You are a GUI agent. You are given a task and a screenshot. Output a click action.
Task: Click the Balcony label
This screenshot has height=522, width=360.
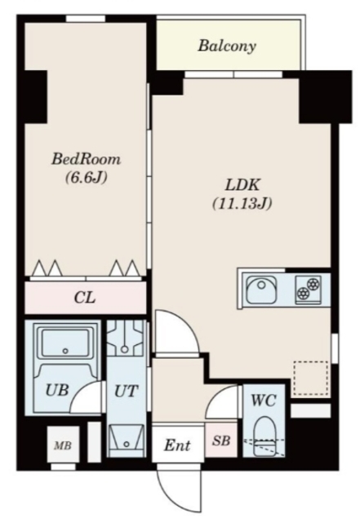pyautogui.click(x=227, y=46)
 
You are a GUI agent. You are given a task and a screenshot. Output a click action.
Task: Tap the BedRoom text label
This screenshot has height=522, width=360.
pyautogui.click(x=86, y=159)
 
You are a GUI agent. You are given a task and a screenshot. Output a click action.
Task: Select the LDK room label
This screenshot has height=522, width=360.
pyautogui.click(x=242, y=185)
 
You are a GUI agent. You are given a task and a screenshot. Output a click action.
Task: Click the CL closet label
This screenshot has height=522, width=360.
pyautogui.click(x=85, y=297)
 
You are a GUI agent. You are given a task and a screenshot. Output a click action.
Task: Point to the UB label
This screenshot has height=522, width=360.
pyautogui.click(x=57, y=390)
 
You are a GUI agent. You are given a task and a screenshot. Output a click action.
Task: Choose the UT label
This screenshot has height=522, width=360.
pyautogui.click(x=126, y=391)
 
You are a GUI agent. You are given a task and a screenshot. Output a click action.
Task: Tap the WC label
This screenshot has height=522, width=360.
pyautogui.click(x=264, y=400)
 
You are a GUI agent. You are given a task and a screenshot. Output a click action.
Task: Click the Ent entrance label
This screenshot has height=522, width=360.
pyautogui.click(x=177, y=445)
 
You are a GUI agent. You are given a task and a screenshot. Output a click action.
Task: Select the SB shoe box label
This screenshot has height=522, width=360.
pyautogui.click(x=221, y=440)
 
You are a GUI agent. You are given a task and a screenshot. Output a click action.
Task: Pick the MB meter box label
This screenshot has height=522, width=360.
pyautogui.click(x=63, y=445)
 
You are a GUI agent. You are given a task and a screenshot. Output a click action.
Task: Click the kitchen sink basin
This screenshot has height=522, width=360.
pyautogui.click(x=261, y=289)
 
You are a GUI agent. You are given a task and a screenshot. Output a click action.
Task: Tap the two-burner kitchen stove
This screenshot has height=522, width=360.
pyautogui.click(x=309, y=289)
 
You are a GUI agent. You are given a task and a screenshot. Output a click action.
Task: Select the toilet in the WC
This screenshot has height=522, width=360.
pyautogui.click(x=264, y=436)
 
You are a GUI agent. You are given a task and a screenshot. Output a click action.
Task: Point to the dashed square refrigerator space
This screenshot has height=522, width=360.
pyautogui.click(x=311, y=378)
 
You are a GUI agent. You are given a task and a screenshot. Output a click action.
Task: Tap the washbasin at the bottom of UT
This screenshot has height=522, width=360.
pyautogui.click(x=127, y=440)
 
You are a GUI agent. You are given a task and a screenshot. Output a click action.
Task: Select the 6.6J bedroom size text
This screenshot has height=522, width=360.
pyautogui.click(x=86, y=177)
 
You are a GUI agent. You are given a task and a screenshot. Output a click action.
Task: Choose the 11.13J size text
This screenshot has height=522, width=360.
pyautogui.click(x=242, y=203)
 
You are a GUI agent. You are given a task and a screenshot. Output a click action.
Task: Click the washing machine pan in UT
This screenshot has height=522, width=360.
pyautogui.click(x=126, y=338)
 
